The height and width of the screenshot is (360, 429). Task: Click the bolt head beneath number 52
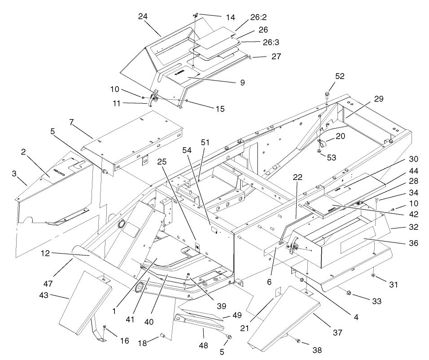click(327, 94)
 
